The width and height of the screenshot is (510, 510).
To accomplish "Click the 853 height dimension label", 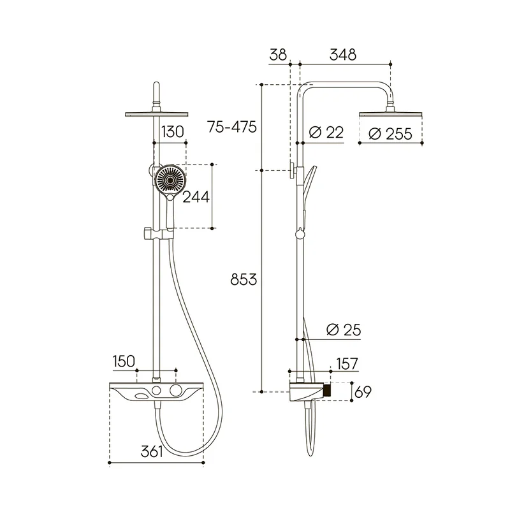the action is (x=244, y=279).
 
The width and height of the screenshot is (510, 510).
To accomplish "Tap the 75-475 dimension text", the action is (x=232, y=127).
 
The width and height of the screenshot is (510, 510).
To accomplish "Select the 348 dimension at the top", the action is (x=343, y=55).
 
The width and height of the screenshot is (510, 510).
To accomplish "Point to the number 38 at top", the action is (x=278, y=55).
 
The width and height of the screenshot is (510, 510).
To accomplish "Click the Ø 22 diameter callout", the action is (x=326, y=133).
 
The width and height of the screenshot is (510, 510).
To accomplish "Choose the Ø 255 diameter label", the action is (x=390, y=134).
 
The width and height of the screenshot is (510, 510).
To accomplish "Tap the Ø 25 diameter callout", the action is (x=344, y=330).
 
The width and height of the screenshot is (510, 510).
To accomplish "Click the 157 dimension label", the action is (x=347, y=363).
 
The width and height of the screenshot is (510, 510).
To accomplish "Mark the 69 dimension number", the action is (x=363, y=392).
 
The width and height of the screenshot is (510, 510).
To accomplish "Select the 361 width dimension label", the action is (x=152, y=451).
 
